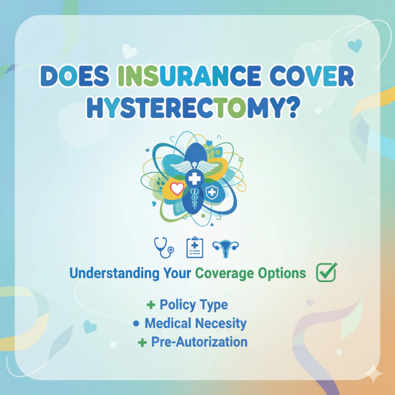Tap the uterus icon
point(225,247)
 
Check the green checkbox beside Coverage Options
point(326,272)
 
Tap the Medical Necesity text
point(195,323)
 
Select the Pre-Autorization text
point(199,341)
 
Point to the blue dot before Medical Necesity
point(136,324)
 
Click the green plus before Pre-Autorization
point(143,342)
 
